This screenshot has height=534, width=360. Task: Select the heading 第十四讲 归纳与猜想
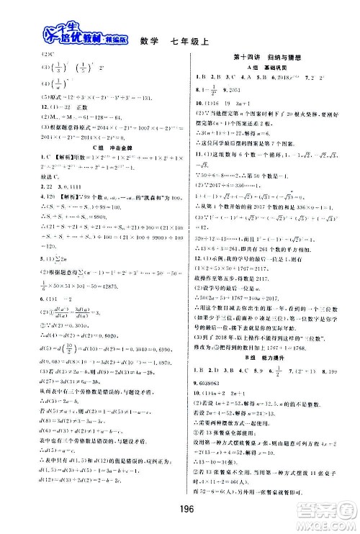pyautogui.click(x=265, y=57)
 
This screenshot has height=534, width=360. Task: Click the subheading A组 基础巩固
pyautogui.click(x=265, y=66)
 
